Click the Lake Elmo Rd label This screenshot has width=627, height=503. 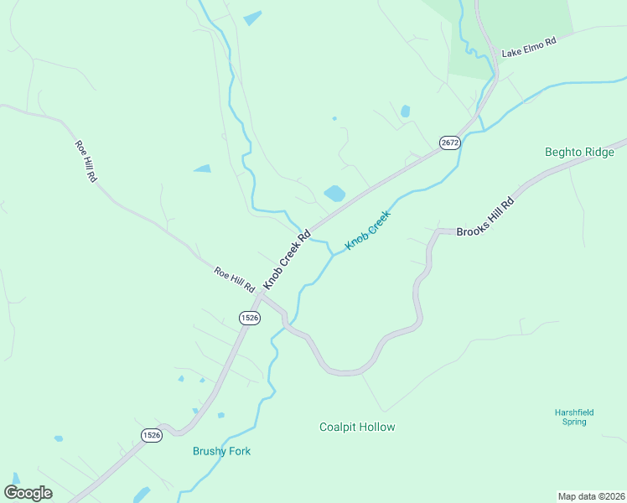click(529, 48)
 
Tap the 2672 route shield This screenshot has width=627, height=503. click(450, 143)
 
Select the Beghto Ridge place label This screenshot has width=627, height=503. click(579, 152)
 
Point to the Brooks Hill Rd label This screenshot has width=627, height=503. click(485, 217)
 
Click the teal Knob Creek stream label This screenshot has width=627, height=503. click(369, 229)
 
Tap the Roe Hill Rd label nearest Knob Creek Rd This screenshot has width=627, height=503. click(234, 279)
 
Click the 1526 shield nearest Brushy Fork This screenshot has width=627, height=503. click(151, 434)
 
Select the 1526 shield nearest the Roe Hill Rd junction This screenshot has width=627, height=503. click(249, 317)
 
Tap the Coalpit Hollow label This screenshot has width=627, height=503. click(357, 427)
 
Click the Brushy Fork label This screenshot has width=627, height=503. click(221, 451)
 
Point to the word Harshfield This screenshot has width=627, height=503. click(574, 412)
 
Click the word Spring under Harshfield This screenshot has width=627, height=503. click(574, 422)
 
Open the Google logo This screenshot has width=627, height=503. click(28, 493)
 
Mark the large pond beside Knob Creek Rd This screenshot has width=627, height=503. click(334, 194)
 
